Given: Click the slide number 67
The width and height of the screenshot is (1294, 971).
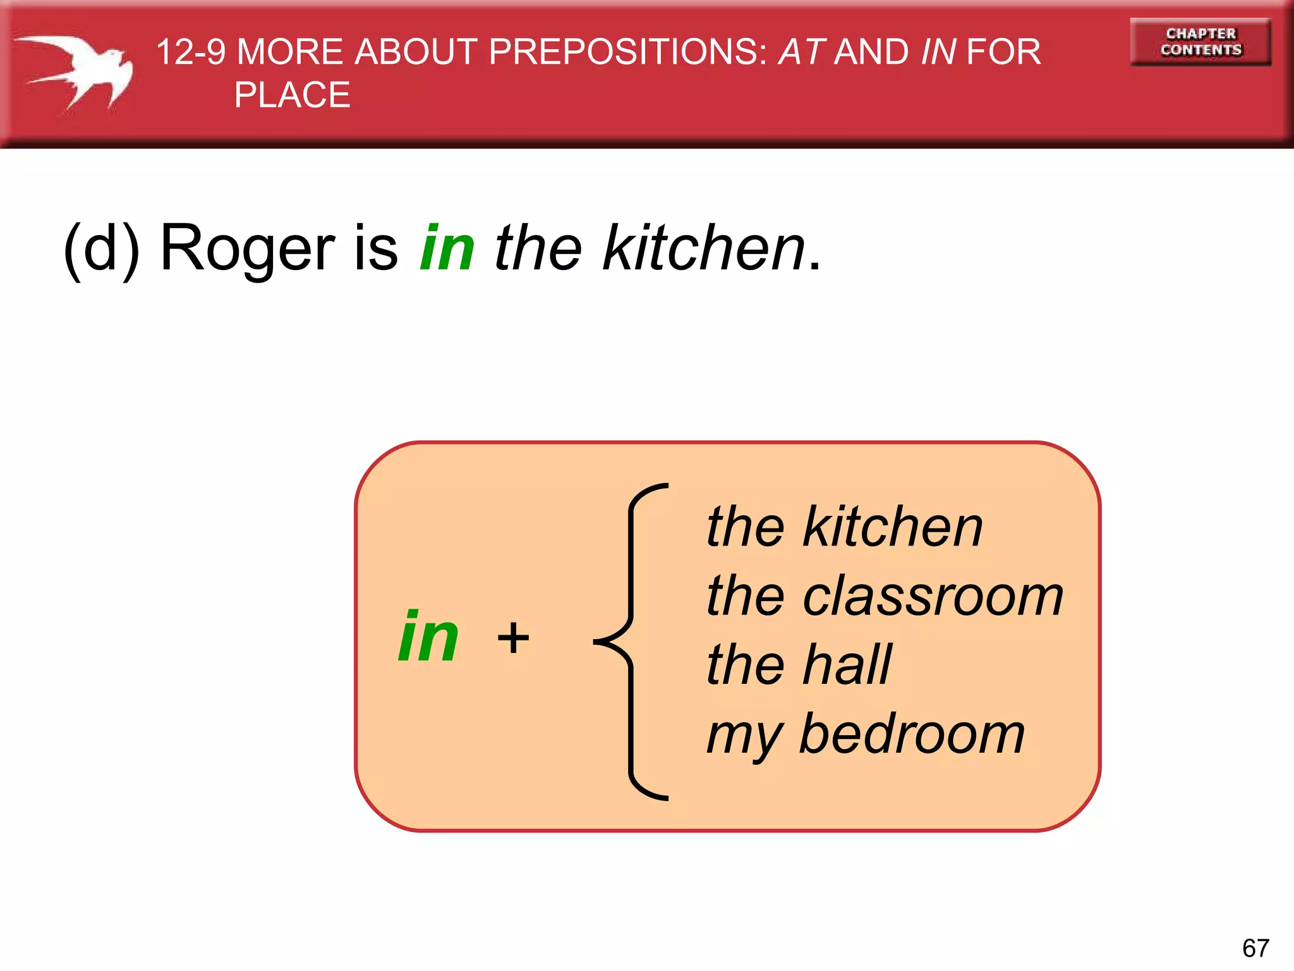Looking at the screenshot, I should pyautogui.click(x=1255, y=948).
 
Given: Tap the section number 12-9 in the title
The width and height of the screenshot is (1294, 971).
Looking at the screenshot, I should pyautogui.click(x=190, y=52).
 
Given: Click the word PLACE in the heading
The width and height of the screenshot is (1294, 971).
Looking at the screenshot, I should pyautogui.click(x=292, y=95).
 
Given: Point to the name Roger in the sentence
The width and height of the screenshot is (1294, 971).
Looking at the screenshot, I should pyautogui.click(x=247, y=248).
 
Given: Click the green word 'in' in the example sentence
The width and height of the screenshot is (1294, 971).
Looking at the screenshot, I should pyautogui.click(x=447, y=248).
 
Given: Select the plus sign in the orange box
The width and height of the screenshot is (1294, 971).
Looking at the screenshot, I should pyautogui.click(x=513, y=638).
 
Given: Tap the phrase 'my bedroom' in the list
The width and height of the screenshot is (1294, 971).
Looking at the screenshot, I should pyautogui.click(x=866, y=735).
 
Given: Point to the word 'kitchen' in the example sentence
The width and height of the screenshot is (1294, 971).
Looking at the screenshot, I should pyautogui.click(x=704, y=248).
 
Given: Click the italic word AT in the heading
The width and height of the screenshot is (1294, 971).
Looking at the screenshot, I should pyautogui.click(x=801, y=52).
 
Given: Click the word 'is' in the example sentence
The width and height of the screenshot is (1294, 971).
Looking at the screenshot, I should pyautogui.click(x=376, y=248).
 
